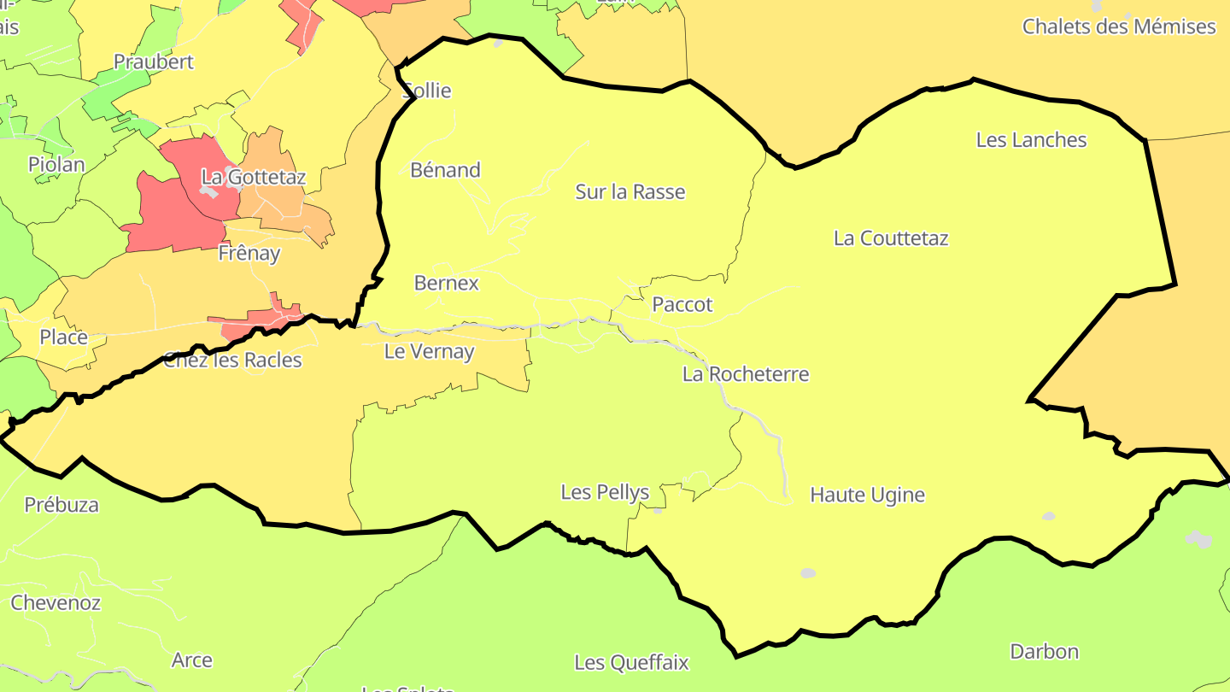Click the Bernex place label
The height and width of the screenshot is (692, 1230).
[446, 283]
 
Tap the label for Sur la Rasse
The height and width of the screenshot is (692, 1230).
[630, 192]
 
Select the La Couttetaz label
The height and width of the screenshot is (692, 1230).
[891, 238]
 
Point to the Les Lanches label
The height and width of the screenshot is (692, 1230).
[1031, 140]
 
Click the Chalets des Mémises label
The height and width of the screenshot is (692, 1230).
[1119, 26]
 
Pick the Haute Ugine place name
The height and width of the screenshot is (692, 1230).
[867, 495]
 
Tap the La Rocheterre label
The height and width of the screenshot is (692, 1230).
[746, 374]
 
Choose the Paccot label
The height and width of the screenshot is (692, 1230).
[682, 305]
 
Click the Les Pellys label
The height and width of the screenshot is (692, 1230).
[605, 492]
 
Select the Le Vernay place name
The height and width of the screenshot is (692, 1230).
[429, 351]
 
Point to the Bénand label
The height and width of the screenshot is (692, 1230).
[445, 170]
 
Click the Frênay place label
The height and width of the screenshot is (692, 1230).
[249, 254]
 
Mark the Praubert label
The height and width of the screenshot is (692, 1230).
[154, 62]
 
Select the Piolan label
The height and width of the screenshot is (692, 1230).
[56, 165]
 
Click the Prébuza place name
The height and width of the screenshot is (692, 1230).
[61, 505]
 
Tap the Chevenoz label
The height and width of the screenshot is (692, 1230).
[56, 603]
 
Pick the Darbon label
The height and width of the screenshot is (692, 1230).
[1044, 652]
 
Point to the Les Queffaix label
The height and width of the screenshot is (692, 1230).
[631, 663]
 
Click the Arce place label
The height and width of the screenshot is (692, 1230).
[192, 660]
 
